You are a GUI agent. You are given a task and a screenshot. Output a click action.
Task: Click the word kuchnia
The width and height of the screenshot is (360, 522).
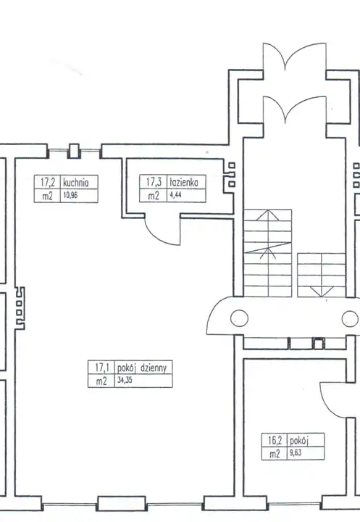click(76, 183)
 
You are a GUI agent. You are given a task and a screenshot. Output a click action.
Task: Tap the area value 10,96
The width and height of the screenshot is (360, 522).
click(70, 195)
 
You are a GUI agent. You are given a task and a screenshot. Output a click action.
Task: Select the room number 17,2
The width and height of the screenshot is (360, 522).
click(48, 183)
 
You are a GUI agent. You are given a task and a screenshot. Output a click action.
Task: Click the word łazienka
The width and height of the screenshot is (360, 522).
click(184, 182)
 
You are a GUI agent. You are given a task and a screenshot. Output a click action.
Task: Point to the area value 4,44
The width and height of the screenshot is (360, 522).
click(175, 195)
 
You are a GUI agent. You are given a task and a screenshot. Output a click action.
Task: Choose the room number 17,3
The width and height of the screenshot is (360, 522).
click(154, 182)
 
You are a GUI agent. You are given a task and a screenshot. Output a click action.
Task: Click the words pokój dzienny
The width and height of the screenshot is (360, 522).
click(142, 368)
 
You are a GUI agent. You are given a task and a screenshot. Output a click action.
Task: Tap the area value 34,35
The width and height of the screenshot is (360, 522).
click(125, 380)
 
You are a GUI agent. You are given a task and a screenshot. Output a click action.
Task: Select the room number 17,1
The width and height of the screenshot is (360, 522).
click(102, 368)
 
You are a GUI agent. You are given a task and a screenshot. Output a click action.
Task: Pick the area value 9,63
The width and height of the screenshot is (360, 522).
click(296, 452)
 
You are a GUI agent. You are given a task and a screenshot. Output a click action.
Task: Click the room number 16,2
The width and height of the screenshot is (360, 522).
click(275, 441)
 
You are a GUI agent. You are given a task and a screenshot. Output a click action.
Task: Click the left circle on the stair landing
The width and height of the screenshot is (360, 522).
click(239, 318)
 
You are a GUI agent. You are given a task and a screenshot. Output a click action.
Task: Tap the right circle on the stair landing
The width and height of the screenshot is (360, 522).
click(351, 318)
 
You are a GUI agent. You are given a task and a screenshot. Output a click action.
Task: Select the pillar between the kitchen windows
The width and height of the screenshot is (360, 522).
click(74, 151)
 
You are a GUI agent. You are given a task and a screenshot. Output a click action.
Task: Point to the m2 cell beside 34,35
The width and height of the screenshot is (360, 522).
click(101, 381)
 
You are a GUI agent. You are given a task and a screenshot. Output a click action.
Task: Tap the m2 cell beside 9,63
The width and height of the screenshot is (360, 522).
click(275, 453)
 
